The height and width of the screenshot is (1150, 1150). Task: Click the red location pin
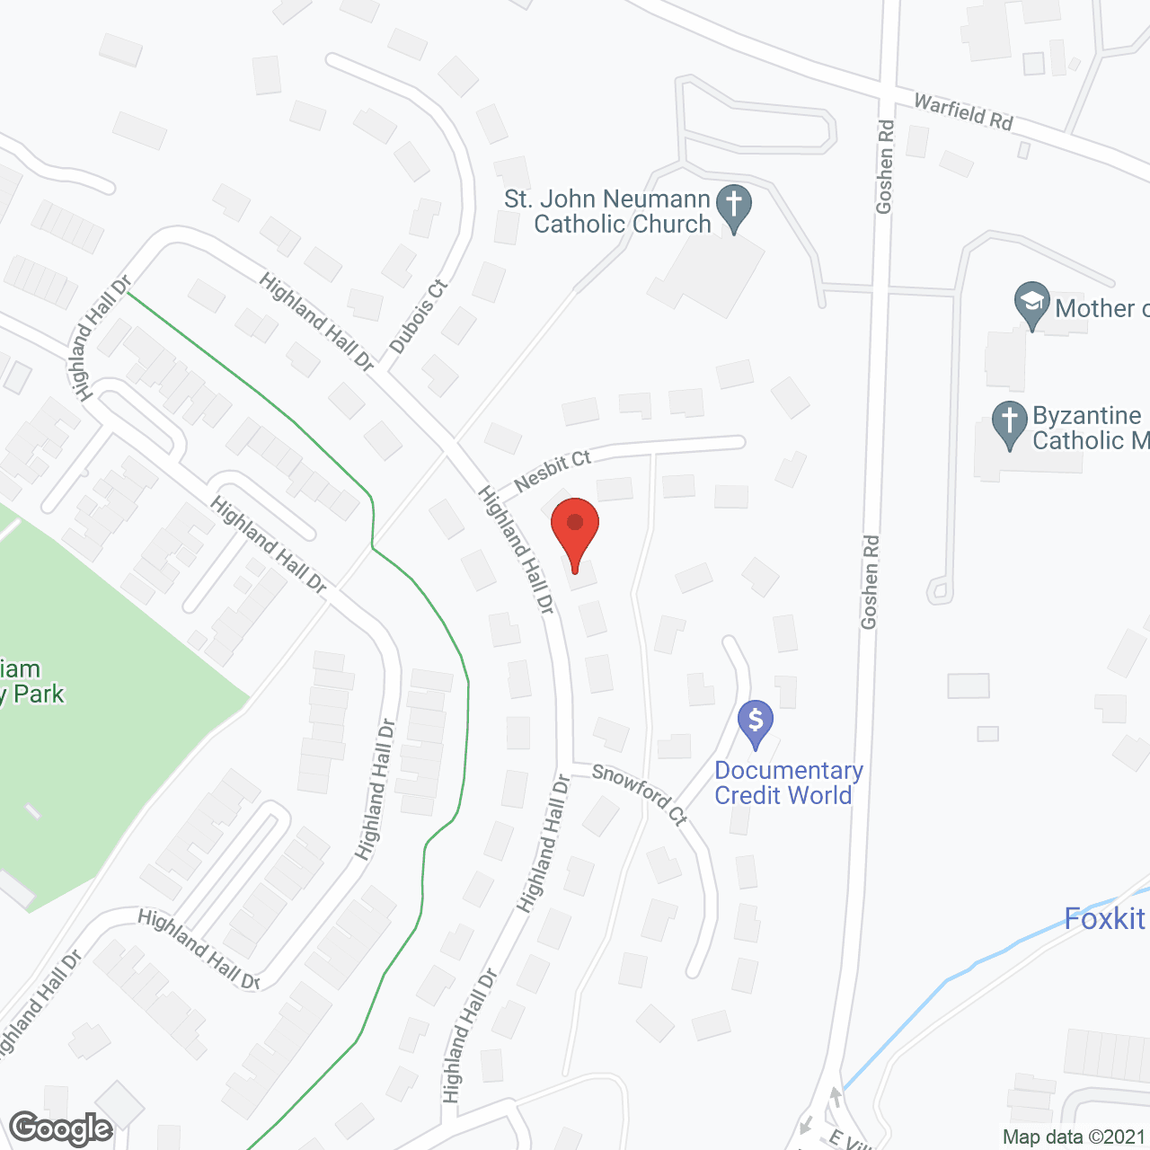[x=575, y=530]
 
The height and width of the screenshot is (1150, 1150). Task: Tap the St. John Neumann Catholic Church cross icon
[x=734, y=207]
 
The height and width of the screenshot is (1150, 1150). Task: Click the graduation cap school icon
[x=1032, y=304]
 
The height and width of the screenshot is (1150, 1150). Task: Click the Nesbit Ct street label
[x=553, y=470]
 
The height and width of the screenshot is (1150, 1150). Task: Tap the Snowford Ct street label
[x=640, y=792]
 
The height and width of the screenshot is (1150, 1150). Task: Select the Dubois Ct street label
[x=419, y=316]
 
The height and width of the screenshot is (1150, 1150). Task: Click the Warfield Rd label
[x=963, y=111]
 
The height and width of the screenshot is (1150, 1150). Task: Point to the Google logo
[x=61, y=1128]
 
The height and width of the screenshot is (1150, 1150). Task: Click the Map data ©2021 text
[x=1074, y=1137]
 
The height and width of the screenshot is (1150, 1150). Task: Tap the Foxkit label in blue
[x=1105, y=919]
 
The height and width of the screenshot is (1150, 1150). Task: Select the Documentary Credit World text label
[x=788, y=783]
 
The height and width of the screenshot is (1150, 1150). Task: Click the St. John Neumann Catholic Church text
[x=608, y=211]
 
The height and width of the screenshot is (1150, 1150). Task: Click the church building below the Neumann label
[x=710, y=274]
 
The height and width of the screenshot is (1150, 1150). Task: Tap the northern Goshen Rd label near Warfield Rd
[x=885, y=167]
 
